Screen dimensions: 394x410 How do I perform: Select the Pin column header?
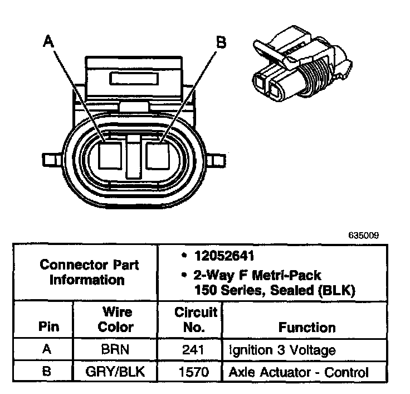[x=48, y=326]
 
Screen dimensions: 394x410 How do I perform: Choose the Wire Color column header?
[x=116, y=320]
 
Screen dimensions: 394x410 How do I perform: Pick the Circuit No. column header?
[x=193, y=320]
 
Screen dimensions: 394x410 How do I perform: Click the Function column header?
[x=307, y=327]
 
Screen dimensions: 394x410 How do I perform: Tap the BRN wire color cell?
[x=116, y=350]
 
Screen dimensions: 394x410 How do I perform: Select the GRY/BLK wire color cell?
[x=116, y=372]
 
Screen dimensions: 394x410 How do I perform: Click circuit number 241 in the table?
[x=193, y=350]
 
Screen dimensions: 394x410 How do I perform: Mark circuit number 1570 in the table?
[x=193, y=372]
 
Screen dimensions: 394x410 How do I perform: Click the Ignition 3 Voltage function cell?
[x=282, y=350]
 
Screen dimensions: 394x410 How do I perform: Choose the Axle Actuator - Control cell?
[x=299, y=372]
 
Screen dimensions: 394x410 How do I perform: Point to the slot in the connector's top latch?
[x=134, y=78]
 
